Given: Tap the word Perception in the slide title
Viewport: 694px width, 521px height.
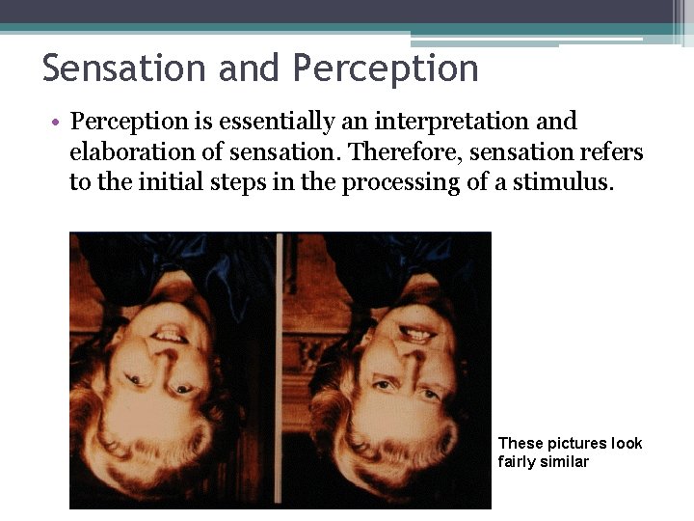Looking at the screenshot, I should coord(386,69).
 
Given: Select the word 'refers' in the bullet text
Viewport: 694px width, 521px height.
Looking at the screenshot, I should coord(612,152).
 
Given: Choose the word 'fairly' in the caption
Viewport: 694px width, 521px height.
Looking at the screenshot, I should coord(516,462).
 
